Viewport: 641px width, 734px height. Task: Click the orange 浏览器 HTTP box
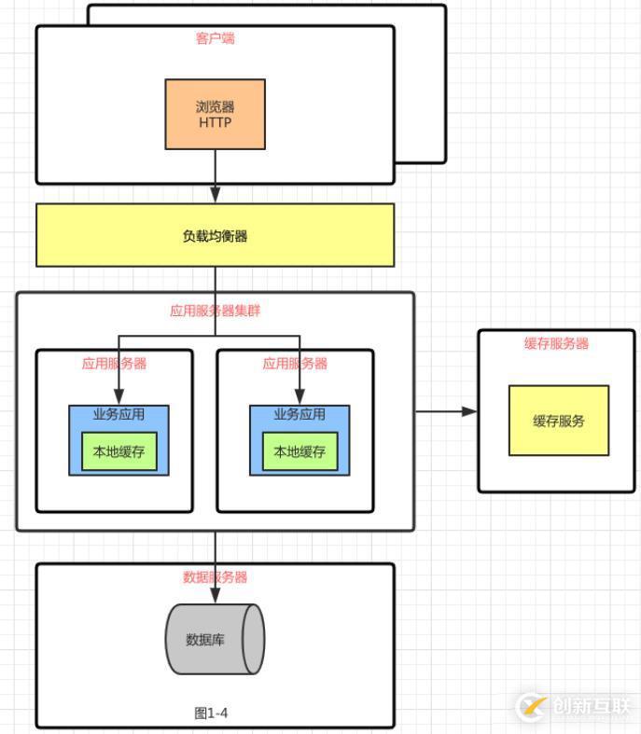[x=215, y=114]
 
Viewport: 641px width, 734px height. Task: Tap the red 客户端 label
[x=215, y=38]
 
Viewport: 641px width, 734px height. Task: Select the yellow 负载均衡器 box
[x=215, y=236]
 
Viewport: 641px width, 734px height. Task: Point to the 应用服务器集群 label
[x=215, y=311]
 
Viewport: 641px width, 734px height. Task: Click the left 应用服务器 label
[x=114, y=364]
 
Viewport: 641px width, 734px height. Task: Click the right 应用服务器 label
[x=295, y=364]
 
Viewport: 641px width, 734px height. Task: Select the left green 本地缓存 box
[x=118, y=452]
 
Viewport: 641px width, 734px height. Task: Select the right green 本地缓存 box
[x=300, y=452]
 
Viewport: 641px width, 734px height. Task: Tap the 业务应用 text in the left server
[x=118, y=414]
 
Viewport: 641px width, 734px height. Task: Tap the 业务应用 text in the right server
[x=300, y=414]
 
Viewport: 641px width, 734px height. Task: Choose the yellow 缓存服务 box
[x=558, y=421]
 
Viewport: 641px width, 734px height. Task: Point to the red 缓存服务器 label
[x=556, y=343]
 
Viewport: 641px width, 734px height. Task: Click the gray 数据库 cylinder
[x=214, y=639]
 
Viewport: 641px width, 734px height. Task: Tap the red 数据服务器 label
[x=215, y=577]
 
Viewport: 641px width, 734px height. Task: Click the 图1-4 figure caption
[x=211, y=713]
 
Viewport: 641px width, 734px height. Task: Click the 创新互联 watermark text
[x=591, y=706]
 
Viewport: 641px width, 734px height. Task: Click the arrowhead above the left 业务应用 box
[x=118, y=397]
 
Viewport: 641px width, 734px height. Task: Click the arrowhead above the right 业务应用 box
[x=300, y=397]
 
